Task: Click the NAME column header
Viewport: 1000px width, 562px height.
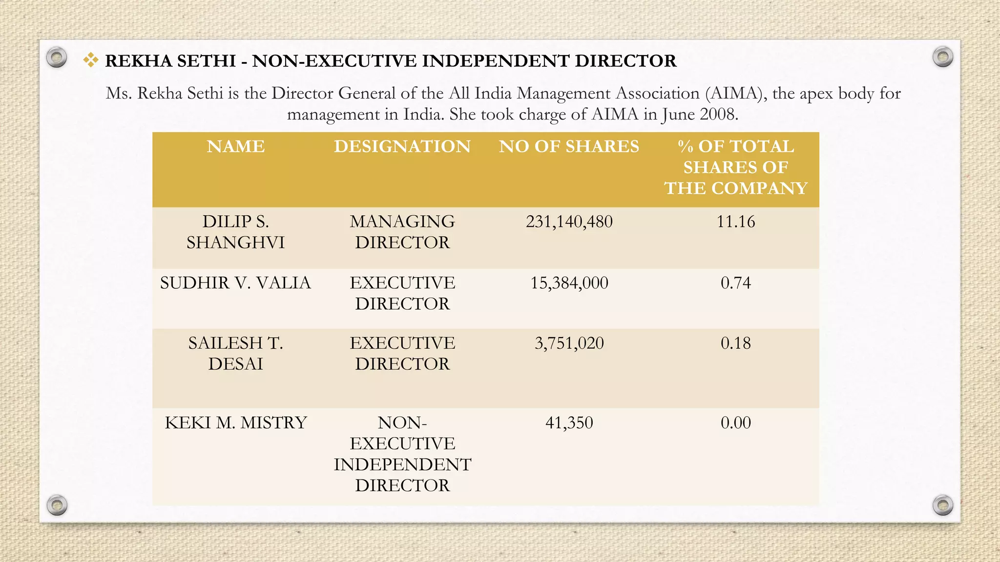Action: [x=235, y=146]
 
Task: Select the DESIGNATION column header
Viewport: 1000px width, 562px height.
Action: [x=402, y=146]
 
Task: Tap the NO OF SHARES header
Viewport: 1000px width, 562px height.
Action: [x=569, y=146]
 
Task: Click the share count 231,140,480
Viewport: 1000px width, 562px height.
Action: [x=569, y=222]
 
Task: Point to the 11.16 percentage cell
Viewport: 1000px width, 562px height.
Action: [x=735, y=222]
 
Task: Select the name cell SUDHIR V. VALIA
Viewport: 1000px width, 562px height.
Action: [x=235, y=283]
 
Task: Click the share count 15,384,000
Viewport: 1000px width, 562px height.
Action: [x=569, y=283]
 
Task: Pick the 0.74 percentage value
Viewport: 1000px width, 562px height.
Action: [x=735, y=283]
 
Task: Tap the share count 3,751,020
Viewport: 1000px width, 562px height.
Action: [x=569, y=343]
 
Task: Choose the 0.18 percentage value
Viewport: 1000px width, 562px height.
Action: [x=735, y=343]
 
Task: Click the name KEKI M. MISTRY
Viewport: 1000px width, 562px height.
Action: [x=235, y=422]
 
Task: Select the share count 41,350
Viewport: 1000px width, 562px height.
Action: [x=569, y=422]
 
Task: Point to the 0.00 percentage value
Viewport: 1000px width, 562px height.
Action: [x=735, y=422]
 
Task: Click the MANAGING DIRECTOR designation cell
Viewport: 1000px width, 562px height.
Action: [x=402, y=232]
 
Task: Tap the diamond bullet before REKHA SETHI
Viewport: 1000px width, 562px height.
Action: [x=90, y=60]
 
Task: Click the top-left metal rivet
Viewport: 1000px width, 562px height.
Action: [x=57, y=58]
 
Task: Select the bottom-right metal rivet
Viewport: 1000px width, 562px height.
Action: [x=942, y=505]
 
